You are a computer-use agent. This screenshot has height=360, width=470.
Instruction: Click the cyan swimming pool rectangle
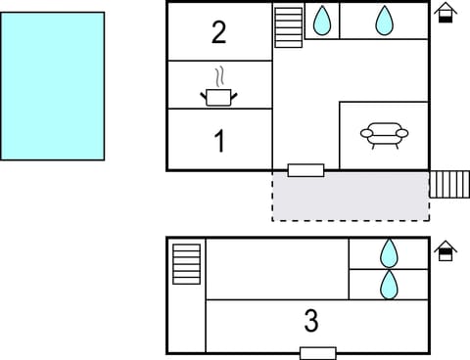point(53,85)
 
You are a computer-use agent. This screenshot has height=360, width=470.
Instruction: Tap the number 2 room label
point(219,32)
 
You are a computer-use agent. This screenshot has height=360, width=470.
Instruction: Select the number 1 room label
point(219,142)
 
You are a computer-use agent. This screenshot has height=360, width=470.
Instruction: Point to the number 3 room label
point(311,320)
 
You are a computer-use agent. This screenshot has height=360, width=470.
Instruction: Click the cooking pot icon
point(219,96)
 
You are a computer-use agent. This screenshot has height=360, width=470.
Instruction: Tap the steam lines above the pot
point(221,75)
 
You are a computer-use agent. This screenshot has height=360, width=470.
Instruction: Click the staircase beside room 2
point(289,26)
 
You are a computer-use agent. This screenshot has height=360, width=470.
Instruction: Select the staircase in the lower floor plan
point(186,264)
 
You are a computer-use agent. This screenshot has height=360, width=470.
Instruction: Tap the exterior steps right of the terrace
point(449,184)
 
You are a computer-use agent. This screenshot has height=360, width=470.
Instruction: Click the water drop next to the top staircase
point(321,20)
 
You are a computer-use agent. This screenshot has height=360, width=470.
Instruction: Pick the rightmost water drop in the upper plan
point(384,20)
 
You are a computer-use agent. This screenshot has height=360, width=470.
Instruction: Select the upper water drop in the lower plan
point(389,253)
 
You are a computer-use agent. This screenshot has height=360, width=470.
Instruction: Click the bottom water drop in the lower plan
point(389,285)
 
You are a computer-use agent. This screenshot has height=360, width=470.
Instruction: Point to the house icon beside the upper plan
point(446,13)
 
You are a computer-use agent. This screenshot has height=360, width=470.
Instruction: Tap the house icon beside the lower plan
point(446,250)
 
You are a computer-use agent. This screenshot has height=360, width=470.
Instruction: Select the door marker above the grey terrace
point(305,170)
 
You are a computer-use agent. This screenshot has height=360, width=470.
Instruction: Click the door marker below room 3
point(317,353)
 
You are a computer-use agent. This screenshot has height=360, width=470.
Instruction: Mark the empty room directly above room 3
point(277,268)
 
